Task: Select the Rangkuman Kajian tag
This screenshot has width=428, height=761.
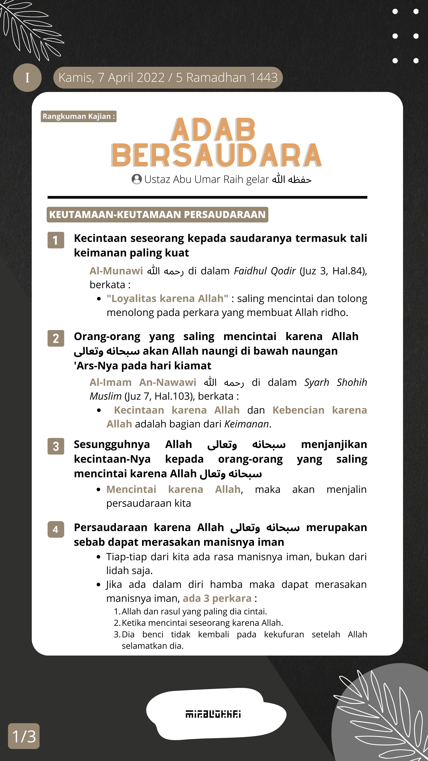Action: [x=79, y=116]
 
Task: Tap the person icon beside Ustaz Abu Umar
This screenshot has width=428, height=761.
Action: [x=136, y=179]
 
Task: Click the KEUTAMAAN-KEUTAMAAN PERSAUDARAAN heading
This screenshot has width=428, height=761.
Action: [x=157, y=214]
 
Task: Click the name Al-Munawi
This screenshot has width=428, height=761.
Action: [x=116, y=271]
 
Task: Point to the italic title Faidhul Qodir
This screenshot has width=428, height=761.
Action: [x=265, y=271]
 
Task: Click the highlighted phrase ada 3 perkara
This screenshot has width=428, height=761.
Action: [x=217, y=598]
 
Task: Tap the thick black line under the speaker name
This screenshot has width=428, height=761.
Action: [x=207, y=197]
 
